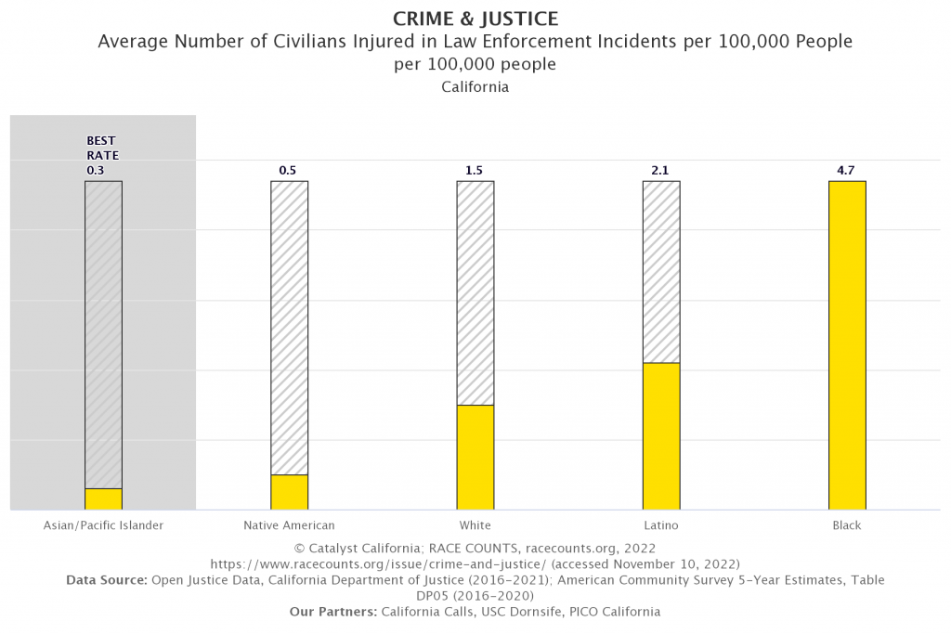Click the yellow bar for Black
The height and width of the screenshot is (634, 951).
tap(847, 345)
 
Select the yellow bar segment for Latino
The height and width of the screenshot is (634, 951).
tap(661, 435)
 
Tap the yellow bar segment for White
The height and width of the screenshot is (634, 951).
tap(475, 457)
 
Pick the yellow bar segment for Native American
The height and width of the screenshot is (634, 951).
tap(290, 492)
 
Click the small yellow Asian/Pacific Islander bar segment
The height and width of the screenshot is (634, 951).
tap(103, 498)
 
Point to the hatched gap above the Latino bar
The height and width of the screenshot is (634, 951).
tap(661, 271)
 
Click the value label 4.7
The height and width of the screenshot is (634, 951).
tap(846, 171)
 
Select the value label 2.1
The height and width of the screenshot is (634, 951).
tap(660, 171)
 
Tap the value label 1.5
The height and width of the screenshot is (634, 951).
tap(475, 171)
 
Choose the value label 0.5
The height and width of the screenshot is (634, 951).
tap(289, 171)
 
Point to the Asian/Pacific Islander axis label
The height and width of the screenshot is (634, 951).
tap(103, 525)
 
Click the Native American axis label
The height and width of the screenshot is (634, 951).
tap(289, 525)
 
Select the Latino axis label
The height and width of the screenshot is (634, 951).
tap(660, 525)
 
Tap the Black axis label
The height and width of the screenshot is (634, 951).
tap(846, 525)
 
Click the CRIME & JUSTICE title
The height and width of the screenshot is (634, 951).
tap(475, 19)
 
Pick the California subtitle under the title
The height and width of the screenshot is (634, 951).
tap(475, 87)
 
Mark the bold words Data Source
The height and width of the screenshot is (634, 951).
tap(107, 580)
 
